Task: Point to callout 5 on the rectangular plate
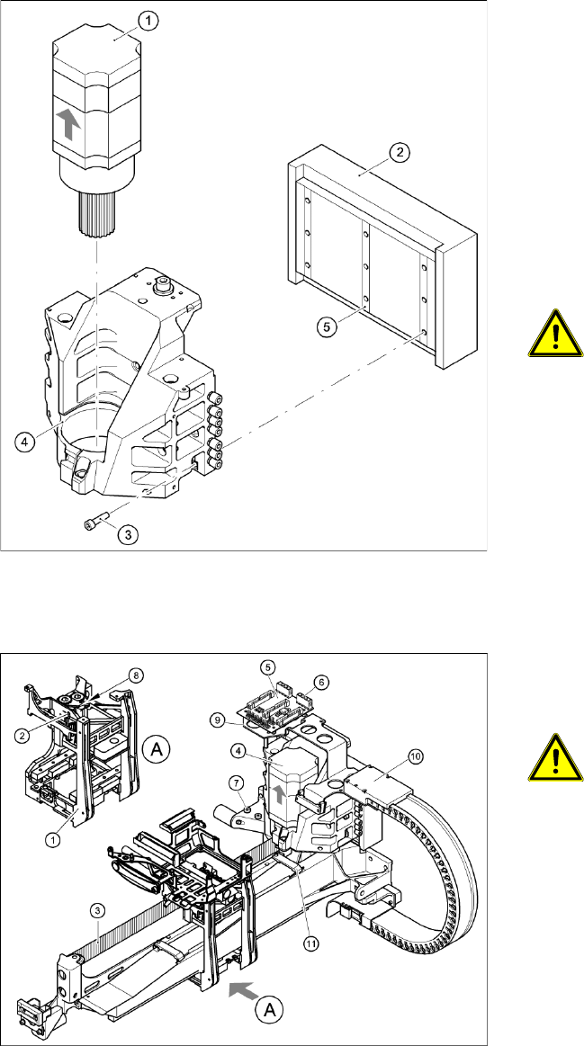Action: point(327,328)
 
